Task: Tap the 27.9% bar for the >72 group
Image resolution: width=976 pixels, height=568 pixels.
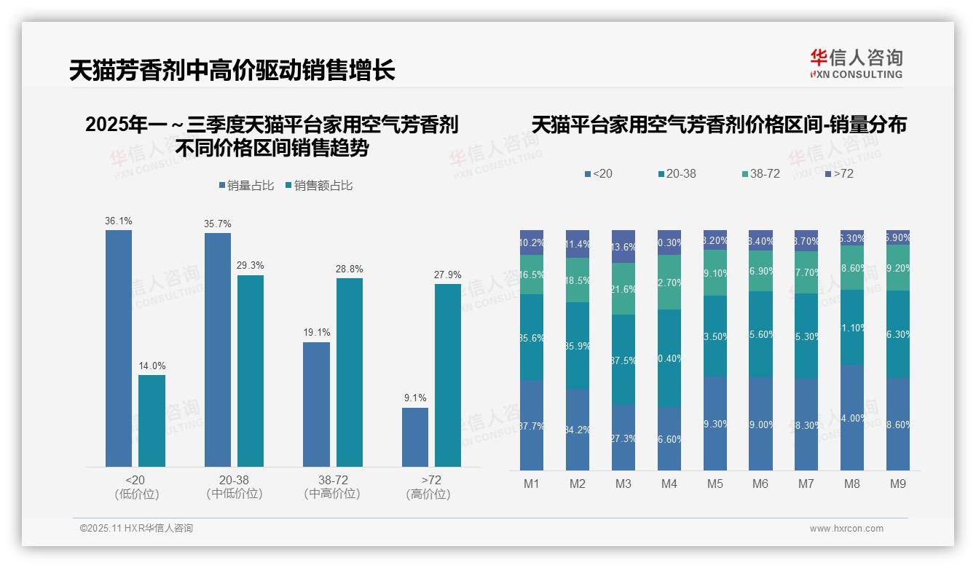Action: point(448,375)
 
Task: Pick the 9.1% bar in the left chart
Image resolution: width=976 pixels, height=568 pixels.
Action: point(415,437)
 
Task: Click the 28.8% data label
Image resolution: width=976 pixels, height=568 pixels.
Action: point(350,269)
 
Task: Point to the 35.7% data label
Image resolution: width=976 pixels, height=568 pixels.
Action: point(218,224)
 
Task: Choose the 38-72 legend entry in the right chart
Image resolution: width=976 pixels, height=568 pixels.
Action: point(760,174)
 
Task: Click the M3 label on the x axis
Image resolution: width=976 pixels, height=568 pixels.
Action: point(623,484)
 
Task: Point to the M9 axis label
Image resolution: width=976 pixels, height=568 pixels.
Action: point(898,484)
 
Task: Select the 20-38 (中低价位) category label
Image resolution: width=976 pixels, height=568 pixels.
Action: point(235,486)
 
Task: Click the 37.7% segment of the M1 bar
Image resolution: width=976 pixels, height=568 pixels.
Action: point(532,425)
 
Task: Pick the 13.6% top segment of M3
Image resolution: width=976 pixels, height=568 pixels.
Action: point(623,247)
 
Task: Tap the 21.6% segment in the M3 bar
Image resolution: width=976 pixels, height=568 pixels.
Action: point(623,289)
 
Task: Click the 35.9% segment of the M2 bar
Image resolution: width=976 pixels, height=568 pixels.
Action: point(578,346)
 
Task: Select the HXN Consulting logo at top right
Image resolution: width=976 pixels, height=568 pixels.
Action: point(856,64)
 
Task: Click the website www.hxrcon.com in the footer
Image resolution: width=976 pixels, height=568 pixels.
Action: point(846,529)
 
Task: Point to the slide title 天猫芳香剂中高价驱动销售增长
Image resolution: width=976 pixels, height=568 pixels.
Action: point(232,71)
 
